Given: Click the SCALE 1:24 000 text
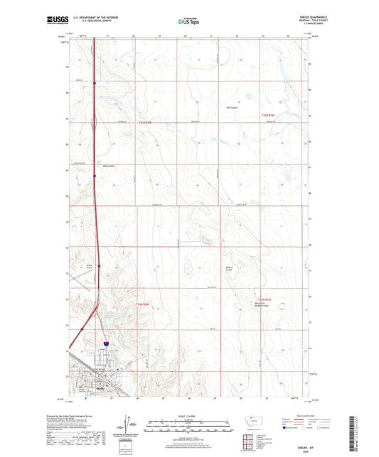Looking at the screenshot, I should pyautogui.click(x=189, y=416).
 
